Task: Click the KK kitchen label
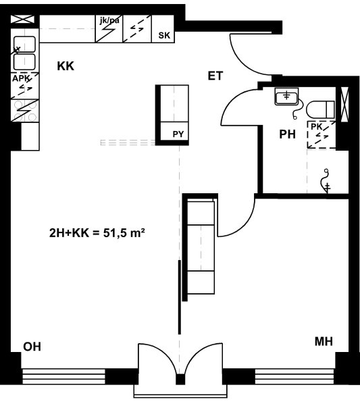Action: coord(66,66)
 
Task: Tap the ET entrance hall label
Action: coord(215,76)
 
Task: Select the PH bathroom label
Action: coord(287,134)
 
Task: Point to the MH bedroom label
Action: coord(324,341)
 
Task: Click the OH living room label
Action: coord(32,347)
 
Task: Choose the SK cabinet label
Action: coord(164,35)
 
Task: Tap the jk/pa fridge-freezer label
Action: coord(109,20)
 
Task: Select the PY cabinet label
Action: coord(178,134)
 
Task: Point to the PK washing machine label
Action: coord(317,126)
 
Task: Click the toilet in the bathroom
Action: coord(320,109)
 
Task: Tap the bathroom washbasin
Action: coord(287,97)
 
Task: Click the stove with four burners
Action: coord(25,111)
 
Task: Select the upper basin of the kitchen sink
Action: coord(24,44)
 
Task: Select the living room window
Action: coord(63,376)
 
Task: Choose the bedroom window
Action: coord(294,376)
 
